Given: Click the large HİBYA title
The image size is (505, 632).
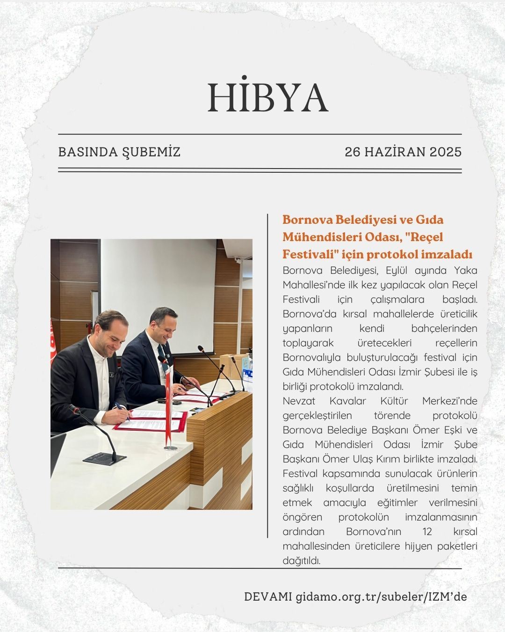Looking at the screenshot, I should (267, 97).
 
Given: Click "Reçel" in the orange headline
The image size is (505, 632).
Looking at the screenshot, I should (424, 237).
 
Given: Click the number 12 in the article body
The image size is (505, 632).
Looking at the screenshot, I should (426, 532).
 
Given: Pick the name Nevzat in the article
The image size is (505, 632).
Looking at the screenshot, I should (299, 401).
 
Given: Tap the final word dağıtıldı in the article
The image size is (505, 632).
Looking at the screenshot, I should (301, 561).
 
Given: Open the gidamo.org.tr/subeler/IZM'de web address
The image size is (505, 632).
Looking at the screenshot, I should (381, 597).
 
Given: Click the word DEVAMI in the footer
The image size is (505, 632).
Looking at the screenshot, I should (268, 597).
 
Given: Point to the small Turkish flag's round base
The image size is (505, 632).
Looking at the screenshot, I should (171, 448).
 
